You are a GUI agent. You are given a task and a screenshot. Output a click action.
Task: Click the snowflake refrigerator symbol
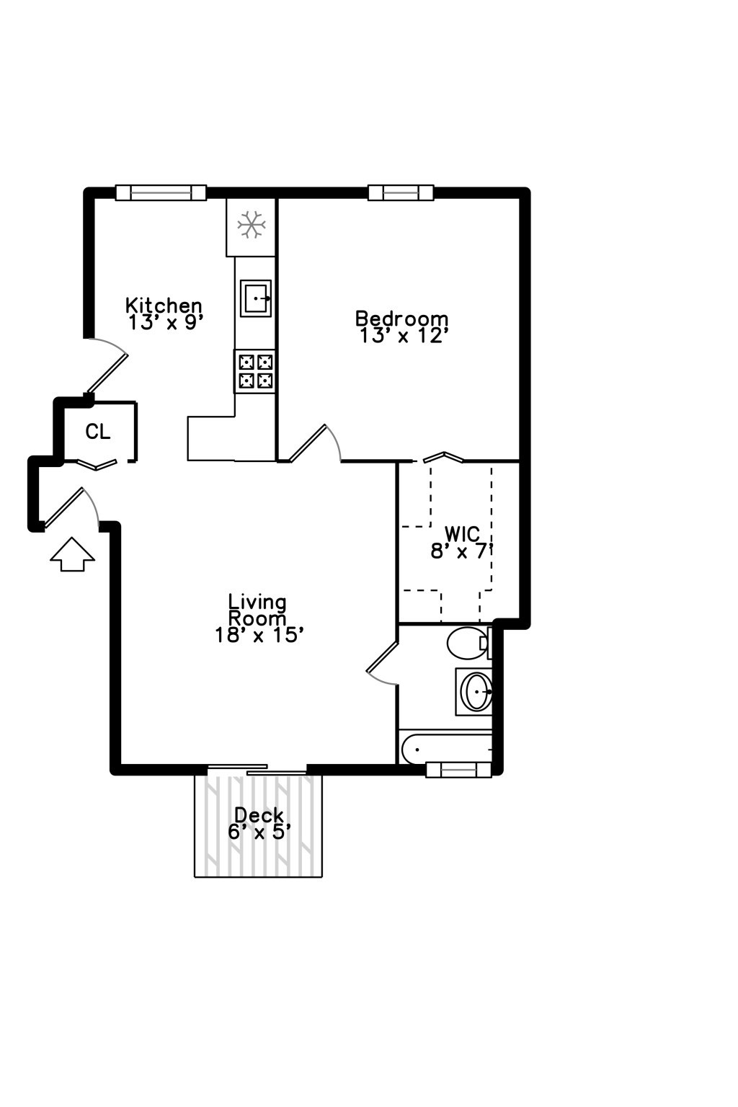tap(252, 225)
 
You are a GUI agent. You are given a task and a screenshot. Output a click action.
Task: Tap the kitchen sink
tap(256, 298)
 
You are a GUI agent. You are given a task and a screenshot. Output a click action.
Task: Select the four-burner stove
tap(255, 371)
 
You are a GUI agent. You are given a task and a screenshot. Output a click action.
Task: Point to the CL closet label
tap(98, 432)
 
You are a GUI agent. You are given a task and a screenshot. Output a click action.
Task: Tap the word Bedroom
tap(401, 318)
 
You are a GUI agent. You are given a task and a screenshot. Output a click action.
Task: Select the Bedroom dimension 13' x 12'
tap(404, 336)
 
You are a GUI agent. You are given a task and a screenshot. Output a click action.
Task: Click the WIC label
tap(462, 534)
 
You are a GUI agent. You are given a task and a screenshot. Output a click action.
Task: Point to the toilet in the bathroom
tap(468, 643)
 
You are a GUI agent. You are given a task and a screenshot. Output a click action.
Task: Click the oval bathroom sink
tap(476, 691)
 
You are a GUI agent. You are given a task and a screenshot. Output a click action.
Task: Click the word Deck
tap(259, 815)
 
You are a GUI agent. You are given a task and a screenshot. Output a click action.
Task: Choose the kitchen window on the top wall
tap(161, 192)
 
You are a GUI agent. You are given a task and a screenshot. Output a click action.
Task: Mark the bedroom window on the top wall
tap(401, 192)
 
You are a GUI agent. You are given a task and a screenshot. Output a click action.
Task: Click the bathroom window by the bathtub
tap(458, 770)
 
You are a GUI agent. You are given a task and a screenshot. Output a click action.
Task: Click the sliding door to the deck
tap(257, 770)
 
